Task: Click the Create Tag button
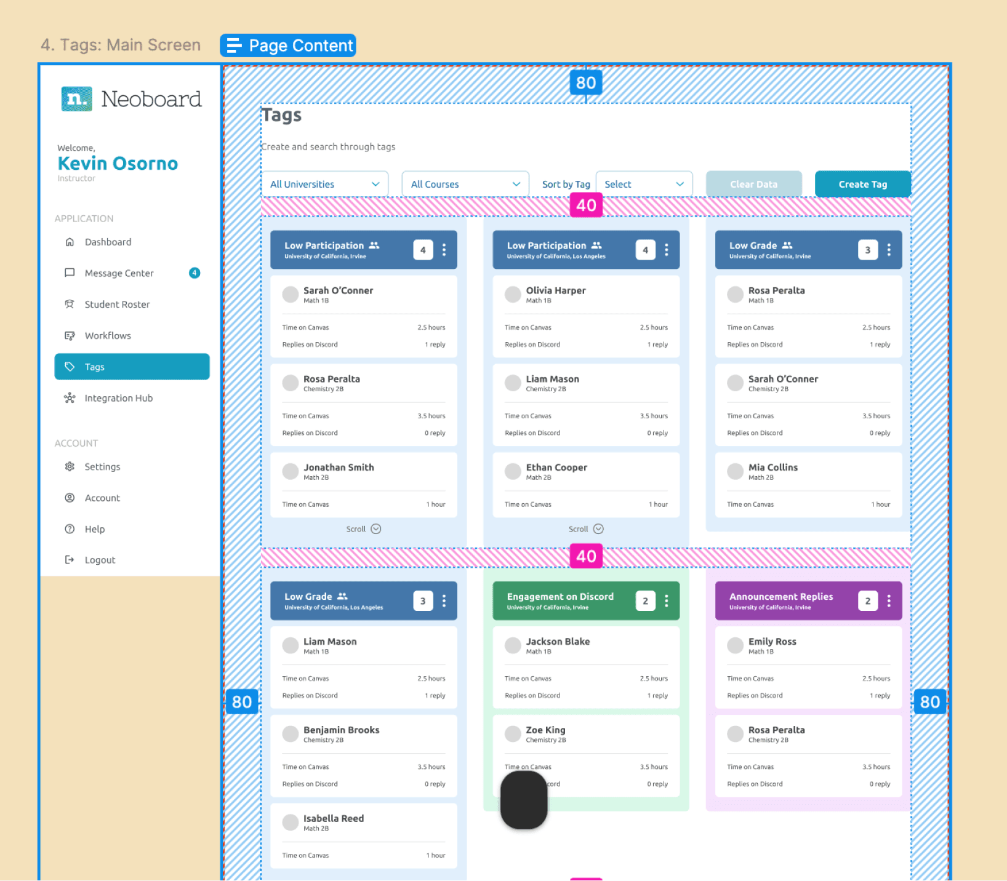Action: [x=862, y=184]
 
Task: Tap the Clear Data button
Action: [x=753, y=184]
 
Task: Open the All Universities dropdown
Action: [x=325, y=184]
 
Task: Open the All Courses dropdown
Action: [x=465, y=184]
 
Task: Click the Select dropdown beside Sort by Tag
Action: [x=644, y=184]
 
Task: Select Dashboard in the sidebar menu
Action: [x=108, y=242]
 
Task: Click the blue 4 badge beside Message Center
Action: [x=195, y=273]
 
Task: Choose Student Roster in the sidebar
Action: [x=117, y=304]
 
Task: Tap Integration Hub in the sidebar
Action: [x=118, y=398]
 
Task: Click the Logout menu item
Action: [x=100, y=560]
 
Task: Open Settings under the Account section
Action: [x=102, y=466]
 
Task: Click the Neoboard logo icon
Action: [x=77, y=99]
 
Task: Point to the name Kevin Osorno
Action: [x=118, y=164]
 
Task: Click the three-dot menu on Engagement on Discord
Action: [x=667, y=600]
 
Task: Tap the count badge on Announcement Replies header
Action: [x=867, y=600]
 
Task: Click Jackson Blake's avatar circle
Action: [x=513, y=645]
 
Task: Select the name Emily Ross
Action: [x=772, y=641]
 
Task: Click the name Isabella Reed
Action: [x=333, y=818]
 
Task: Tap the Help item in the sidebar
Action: [x=95, y=529]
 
